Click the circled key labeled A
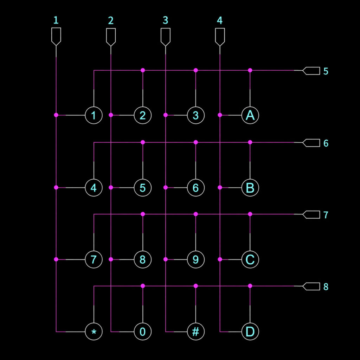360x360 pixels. coord(250,115)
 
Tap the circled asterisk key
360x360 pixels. coord(94,332)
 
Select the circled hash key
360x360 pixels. coord(196,332)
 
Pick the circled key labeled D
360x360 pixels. coord(250,332)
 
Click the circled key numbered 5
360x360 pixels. coord(142,188)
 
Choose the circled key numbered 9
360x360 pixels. coord(196,260)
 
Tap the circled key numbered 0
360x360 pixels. coord(142,332)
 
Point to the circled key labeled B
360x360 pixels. coord(250,188)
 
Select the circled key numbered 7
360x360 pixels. coord(94,260)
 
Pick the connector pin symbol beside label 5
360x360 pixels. coord(311,71)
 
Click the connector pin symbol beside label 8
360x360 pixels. coord(311,286)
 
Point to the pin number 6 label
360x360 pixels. coord(326,143)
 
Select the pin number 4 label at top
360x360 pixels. coord(220,20)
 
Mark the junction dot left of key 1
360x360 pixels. coord(56,115)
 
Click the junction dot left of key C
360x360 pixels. coord(220,259)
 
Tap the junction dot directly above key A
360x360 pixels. coord(250,70)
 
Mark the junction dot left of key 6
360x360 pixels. coord(165,188)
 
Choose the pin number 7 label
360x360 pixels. coord(326,215)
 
